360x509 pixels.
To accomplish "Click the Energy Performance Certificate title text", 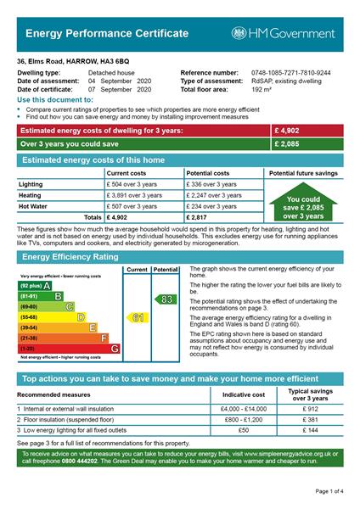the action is [107, 33].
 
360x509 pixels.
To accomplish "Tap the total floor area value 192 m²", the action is [262, 88].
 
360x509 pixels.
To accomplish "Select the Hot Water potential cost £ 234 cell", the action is [212, 205].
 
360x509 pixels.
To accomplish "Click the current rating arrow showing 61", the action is [137, 317].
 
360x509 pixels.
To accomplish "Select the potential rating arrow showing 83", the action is [165, 299].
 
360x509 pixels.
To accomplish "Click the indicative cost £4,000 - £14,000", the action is [243, 409].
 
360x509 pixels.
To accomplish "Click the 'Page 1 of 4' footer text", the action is [329, 491].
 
